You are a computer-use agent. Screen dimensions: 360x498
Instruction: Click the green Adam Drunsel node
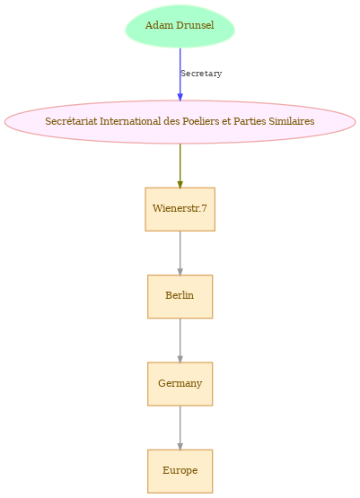(180, 26)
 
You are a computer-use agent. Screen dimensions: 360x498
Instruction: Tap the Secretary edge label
(201, 74)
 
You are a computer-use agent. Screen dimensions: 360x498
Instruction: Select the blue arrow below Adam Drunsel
(180, 74)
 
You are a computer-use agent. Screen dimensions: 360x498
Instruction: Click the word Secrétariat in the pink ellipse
(71, 121)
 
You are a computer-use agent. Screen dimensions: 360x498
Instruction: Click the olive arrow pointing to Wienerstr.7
(180, 166)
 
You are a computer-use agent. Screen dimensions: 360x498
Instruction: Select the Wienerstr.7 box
(180, 209)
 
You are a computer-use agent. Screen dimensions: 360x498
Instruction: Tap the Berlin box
(180, 297)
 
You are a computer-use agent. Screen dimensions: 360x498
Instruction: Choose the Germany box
(180, 384)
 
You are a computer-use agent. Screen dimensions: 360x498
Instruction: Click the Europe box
(180, 471)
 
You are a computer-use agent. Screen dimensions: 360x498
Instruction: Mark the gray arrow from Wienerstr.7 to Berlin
(180, 253)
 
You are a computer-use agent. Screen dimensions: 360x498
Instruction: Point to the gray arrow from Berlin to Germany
(180, 341)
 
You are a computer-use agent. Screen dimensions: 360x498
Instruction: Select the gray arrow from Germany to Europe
(180, 428)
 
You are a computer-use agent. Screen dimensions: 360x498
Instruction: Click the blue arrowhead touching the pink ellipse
(180, 97)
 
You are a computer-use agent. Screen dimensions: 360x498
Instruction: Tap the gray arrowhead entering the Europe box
(180, 447)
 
